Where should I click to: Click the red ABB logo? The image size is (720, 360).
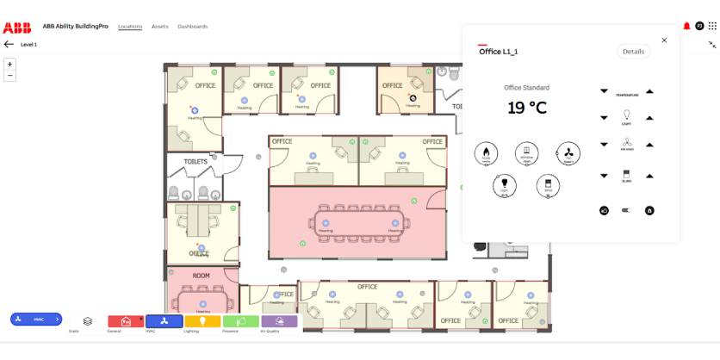(17, 26)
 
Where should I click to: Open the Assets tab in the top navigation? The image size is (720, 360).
(159, 27)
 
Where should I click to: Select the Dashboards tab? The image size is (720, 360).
(192, 27)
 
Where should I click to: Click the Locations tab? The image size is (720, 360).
(130, 27)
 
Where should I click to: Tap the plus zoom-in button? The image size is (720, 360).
(10, 64)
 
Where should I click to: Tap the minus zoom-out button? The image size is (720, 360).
(10, 76)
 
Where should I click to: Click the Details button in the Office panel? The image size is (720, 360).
(633, 52)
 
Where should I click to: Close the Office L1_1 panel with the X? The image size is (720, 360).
(664, 40)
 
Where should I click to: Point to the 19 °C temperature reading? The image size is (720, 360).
(526, 108)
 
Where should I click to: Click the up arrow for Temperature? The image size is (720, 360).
(649, 91)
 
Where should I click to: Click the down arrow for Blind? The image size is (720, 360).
(604, 176)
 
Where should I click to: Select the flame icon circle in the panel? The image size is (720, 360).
(487, 154)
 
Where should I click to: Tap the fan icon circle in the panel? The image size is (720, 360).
(568, 154)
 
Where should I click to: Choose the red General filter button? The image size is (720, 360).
(126, 321)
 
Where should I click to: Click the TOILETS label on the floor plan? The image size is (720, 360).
(196, 161)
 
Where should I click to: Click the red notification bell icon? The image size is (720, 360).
(686, 26)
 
